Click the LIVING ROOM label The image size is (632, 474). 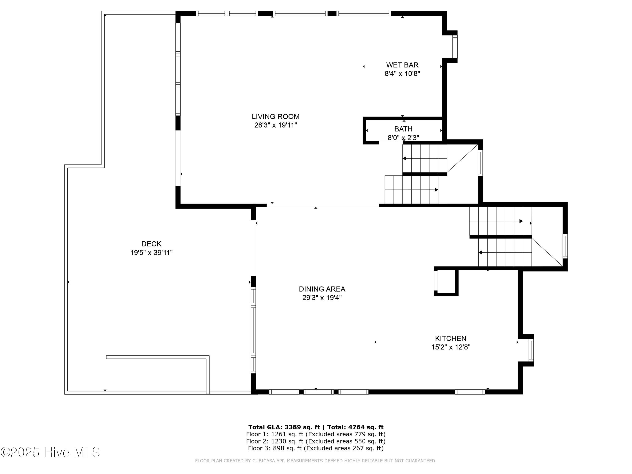(x=275, y=116)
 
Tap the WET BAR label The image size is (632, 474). (x=402, y=65)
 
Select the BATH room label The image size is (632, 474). (x=403, y=129)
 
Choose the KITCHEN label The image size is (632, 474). (x=451, y=338)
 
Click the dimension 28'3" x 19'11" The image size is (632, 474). (x=275, y=125)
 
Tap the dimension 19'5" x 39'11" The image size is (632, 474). (x=151, y=253)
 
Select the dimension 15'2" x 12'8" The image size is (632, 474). (x=451, y=347)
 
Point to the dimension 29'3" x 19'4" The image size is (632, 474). (x=322, y=298)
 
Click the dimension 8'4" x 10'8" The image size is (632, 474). (x=402, y=74)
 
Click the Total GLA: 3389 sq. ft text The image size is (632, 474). (x=284, y=427)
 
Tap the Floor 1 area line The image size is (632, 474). (x=316, y=434)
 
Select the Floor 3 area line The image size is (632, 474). (x=316, y=448)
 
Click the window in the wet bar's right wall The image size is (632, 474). (x=455, y=46)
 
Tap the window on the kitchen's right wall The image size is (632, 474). (x=531, y=350)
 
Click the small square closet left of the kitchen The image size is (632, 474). (x=446, y=282)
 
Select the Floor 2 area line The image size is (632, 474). (x=316, y=441)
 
